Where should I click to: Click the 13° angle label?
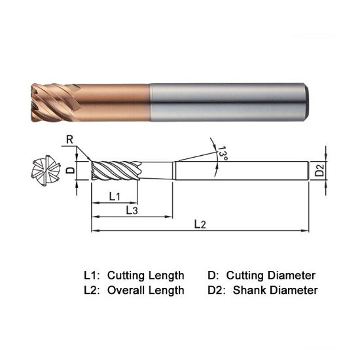[223, 154]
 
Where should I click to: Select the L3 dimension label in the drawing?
[131, 210]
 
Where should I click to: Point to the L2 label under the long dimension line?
[200, 225]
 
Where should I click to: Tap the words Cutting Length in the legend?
[145, 275]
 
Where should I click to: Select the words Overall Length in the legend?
[145, 290]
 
